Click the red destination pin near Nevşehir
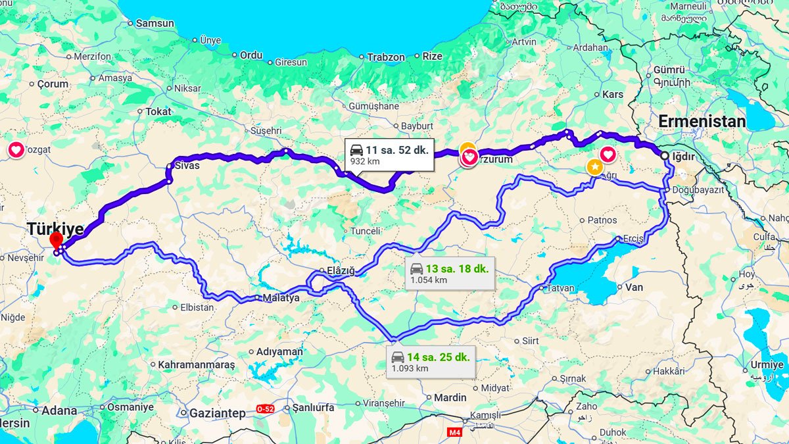tap(56, 239)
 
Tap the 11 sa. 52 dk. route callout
tap(389, 155)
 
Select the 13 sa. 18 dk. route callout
tap(450, 274)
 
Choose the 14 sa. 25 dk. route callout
tap(431, 362)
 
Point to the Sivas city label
tap(187, 166)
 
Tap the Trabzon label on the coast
tap(386, 57)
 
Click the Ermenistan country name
tap(702, 122)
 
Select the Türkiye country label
tap(55, 229)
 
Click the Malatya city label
tap(281, 298)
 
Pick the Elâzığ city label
tap(341, 270)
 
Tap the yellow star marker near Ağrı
tap(594, 166)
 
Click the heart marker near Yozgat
tap(16, 150)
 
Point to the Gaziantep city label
tap(218, 413)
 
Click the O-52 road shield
tap(265, 408)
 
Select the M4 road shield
tap(454, 432)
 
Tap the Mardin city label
tap(450, 397)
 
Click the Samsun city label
tap(155, 24)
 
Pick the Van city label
tap(634, 287)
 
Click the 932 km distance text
tap(364, 161)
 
